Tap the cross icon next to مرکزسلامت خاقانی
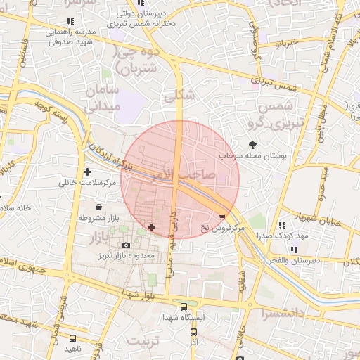(x=87, y=172)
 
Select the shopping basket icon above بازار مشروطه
(x=98, y=208)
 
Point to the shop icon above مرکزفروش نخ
(x=224, y=217)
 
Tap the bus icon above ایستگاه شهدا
(x=184, y=307)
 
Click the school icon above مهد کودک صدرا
(x=282, y=225)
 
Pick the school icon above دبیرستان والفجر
(x=294, y=249)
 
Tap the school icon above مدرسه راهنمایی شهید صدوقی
(x=70, y=22)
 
